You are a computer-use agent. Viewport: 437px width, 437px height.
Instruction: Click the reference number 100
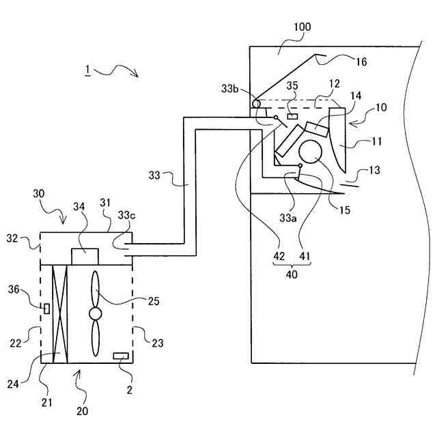coord(302,27)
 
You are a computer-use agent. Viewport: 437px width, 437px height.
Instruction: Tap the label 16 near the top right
coord(361,61)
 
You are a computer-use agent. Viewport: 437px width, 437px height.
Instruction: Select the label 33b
coord(231,89)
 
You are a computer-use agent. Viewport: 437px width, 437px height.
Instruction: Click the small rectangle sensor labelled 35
coord(293,117)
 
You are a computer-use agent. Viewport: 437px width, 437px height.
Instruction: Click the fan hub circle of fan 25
coord(94,313)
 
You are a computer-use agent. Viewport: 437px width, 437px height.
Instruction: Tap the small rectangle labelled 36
coord(46,309)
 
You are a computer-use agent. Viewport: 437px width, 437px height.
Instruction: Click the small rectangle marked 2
coord(121,356)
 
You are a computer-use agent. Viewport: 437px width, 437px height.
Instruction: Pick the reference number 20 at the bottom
coord(82,411)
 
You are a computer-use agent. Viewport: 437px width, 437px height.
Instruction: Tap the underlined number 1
coord(87,71)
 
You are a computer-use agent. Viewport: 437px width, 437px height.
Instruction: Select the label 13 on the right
coord(373,170)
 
